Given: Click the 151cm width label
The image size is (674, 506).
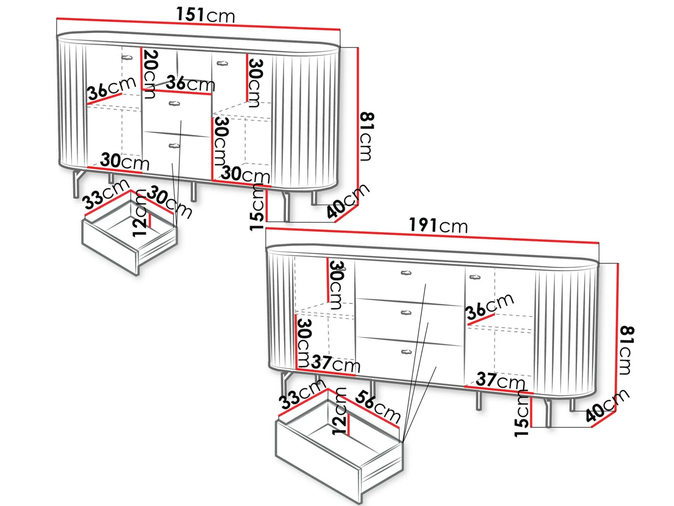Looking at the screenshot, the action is pyautogui.click(x=206, y=15).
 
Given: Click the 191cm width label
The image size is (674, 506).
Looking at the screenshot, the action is pyautogui.click(x=438, y=225).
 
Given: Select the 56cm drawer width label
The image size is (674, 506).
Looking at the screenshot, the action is pyautogui.click(x=378, y=406).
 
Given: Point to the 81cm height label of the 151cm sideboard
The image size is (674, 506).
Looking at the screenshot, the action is pyautogui.click(x=367, y=136).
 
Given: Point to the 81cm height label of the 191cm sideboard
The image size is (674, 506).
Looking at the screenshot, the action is pyautogui.click(x=627, y=350).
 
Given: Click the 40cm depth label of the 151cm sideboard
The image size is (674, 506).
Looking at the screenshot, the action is pyautogui.click(x=348, y=201).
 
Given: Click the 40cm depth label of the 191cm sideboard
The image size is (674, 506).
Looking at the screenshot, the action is pyautogui.click(x=607, y=405).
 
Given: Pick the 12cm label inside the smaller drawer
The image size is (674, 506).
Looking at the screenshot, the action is pyautogui.click(x=140, y=213).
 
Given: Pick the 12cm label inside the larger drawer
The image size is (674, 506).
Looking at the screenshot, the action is pyautogui.click(x=339, y=411).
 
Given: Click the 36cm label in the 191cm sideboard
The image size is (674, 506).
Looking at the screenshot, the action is pyautogui.click(x=490, y=307).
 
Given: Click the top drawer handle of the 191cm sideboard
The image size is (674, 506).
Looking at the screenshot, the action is pyautogui.click(x=406, y=273).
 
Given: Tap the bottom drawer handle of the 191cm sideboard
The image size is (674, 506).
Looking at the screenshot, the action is pyautogui.click(x=406, y=352).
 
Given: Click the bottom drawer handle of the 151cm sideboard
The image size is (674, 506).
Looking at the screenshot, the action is pyautogui.click(x=174, y=145).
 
